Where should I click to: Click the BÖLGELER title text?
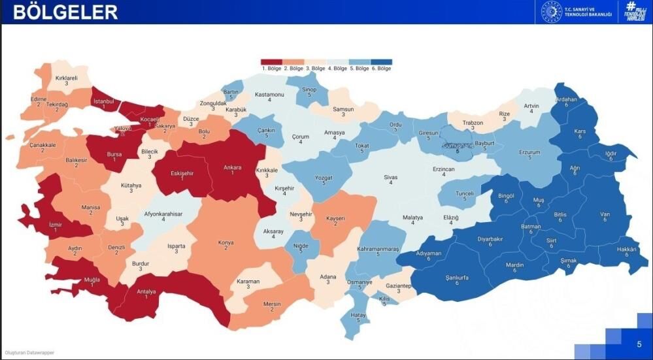(65, 12)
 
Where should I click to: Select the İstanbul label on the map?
(104, 101)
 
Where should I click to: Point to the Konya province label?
(226, 242)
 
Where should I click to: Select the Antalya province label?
(146, 291)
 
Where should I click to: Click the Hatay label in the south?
(358, 315)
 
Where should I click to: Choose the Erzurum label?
(529, 152)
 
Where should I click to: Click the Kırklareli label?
(66, 78)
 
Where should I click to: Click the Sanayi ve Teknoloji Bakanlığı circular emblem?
(551, 12)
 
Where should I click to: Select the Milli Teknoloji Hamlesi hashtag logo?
(631, 12)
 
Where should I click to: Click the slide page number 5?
(639, 344)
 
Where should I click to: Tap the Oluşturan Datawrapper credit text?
(29, 352)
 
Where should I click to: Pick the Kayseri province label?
(337, 218)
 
